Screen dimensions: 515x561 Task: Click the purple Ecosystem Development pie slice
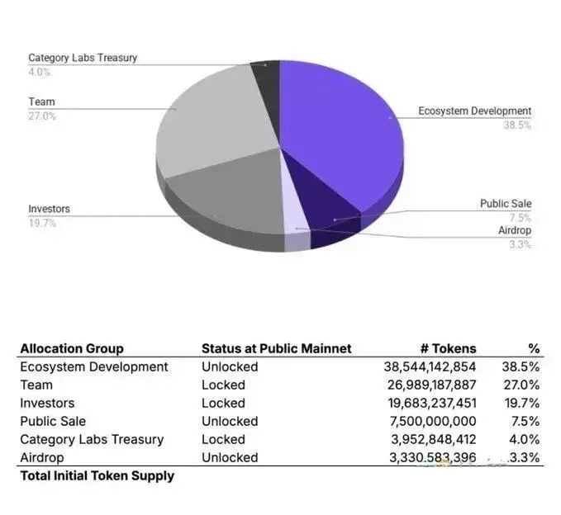tap(347, 124)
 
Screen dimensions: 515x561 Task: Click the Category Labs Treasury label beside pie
tap(83, 58)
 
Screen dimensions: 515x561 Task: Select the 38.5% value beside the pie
tap(517, 125)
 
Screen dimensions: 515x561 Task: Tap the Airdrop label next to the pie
tap(515, 230)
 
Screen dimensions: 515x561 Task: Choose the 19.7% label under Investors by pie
tap(41, 223)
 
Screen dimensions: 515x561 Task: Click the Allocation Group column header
tap(72, 348)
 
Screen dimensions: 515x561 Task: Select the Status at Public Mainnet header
tap(276, 348)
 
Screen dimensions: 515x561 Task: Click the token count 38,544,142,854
tap(430, 366)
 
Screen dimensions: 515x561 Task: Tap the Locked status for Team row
tap(223, 385)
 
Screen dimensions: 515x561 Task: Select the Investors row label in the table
tap(47, 403)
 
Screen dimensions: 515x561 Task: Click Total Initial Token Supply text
tap(97, 475)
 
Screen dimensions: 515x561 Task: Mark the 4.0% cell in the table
tap(522, 439)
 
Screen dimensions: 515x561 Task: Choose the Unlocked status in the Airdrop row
tap(230, 457)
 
